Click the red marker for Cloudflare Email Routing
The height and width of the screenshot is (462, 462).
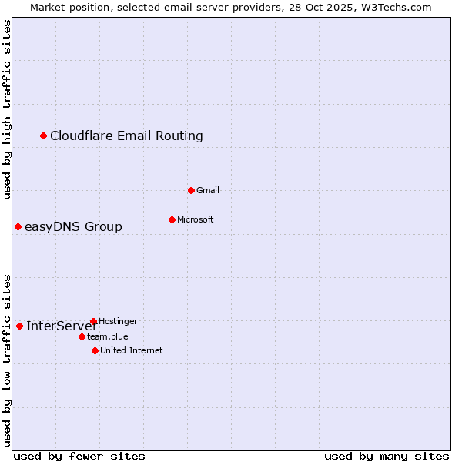[x=44, y=136]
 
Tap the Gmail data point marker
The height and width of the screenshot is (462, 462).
[x=191, y=190]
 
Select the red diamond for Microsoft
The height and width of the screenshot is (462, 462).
[x=172, y=219]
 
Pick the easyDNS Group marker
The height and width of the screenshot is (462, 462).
[x=18, y=226]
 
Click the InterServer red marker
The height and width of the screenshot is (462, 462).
[x=19, y=326]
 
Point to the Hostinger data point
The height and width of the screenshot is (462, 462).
[x=93, y=321]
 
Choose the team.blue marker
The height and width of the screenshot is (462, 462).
[x=82, y=336]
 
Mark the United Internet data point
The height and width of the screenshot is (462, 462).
[x=95, y=350]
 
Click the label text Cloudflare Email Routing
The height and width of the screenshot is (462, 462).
[x=126, y=136]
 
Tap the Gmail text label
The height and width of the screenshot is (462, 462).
[x=208, y=190]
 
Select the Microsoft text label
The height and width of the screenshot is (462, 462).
[x=195, y=219]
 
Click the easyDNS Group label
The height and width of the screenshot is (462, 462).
[x=73, y=227]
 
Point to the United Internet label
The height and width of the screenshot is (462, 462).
[x=131, y=350]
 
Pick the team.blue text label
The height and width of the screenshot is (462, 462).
[x=107, y=336]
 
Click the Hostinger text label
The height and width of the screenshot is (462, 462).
[x=118, y=321]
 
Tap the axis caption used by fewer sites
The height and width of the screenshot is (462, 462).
[x=79, y=456]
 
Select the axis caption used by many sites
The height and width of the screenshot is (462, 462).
[x=386, y=456]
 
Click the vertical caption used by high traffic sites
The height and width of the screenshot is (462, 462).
[x=8, y=110]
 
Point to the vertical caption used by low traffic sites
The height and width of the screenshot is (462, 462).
[x=8, y=360]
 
